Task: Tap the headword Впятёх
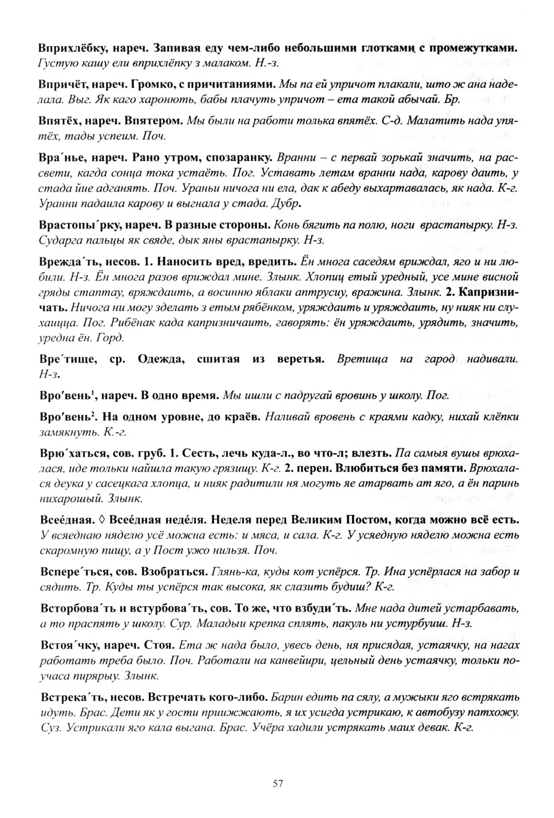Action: (61, 122)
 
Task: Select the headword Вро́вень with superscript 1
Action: (64, 395)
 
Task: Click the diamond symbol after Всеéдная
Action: (102, 519)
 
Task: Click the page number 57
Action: (278, 783)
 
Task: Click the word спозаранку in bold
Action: (241, 157)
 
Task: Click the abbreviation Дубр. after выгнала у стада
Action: (287, 204)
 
